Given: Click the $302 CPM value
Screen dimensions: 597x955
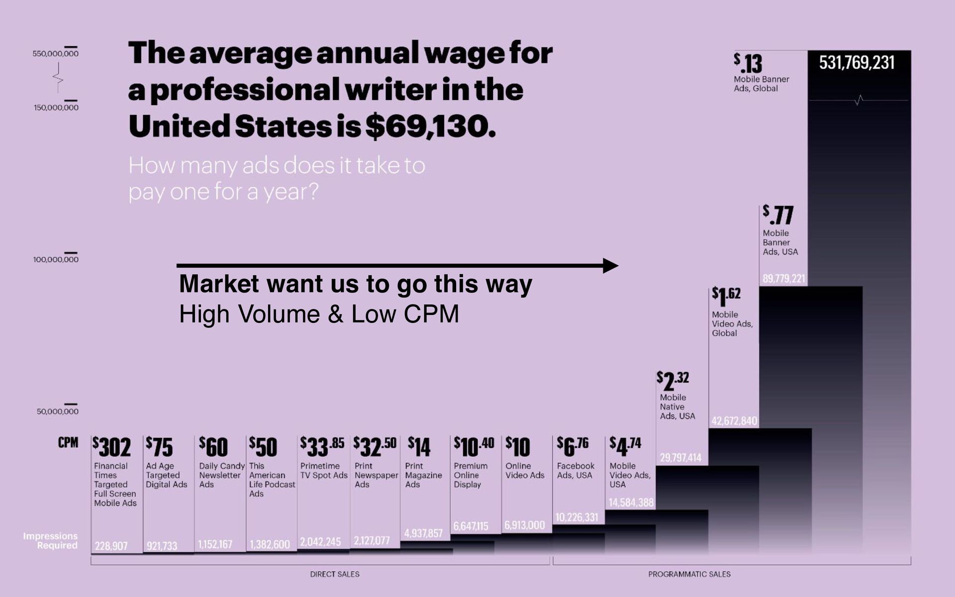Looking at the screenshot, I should pyautogui.click(x=112, y=447).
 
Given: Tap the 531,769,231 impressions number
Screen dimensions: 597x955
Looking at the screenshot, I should pyautogui.click(x=857, y=63).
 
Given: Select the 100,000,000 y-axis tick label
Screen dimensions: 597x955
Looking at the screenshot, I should pyautogui.click(x=56, y=259).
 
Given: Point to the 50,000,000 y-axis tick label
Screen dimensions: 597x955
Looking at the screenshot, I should pyautogui.click(x=57, y=411).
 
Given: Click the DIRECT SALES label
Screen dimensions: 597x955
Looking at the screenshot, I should pyautogui.click(x=335, y=574).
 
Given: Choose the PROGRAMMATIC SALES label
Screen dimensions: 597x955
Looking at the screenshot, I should pyautogui.click(x=689, y=574).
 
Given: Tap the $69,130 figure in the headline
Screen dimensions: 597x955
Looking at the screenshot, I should pyautogui.click(x=431, y=126).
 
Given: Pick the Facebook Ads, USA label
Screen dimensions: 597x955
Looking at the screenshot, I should pyautogui.click(x=575, y=471).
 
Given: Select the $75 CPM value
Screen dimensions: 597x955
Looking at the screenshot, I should pyautogui.click(x=159, y=447).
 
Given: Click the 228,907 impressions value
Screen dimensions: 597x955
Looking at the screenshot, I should pyautogui.click(x=111, y=546).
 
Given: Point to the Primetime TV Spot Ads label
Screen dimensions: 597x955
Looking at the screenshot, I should pyautogui.click(x=324, y=471).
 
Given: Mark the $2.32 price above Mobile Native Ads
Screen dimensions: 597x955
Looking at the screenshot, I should pyautogui.click(x=673, y=381).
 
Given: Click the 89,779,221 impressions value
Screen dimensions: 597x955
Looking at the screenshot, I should pyautogui.click(x=784, y=279).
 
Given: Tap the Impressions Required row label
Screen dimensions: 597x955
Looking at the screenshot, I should pyautogui.click(x=50, y=541).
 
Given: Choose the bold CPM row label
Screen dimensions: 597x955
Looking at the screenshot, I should pyautogui.click(x=68, y=443).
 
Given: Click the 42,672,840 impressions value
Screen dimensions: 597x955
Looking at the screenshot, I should pyautogui.click(x=734, y=421).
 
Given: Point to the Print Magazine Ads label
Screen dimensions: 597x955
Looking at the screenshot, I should pyautogui.click(x=423, y=475).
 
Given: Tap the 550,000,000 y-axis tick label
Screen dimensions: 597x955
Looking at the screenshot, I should pyautogui.click(x=56, y=54).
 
